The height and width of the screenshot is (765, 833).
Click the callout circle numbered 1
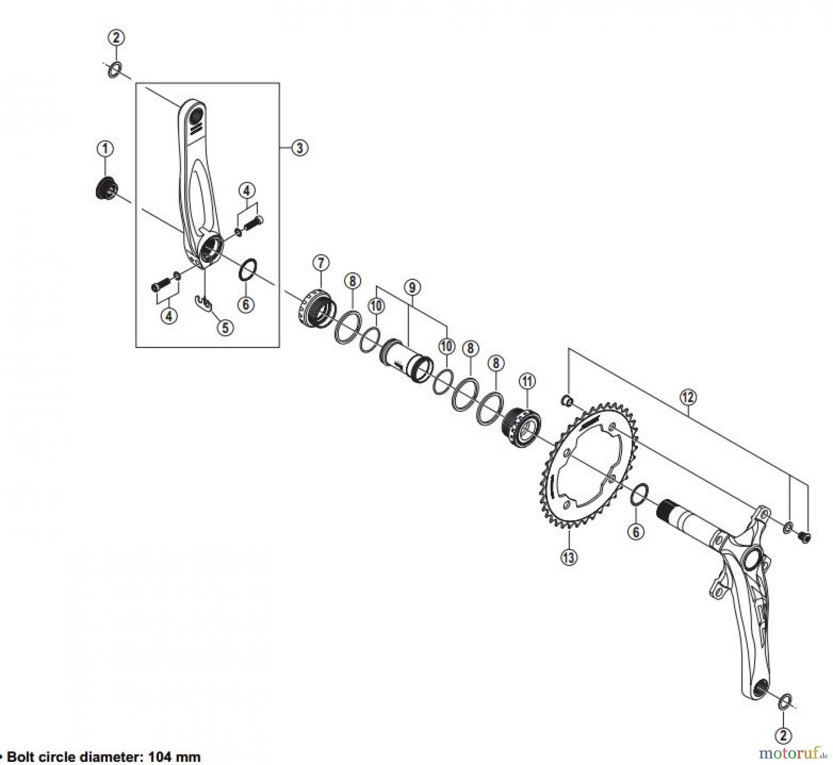coord(105,149)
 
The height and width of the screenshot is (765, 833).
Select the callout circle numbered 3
coord(299,148)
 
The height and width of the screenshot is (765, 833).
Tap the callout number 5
coord(225,328)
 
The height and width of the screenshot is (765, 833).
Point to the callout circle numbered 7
coord(321,263)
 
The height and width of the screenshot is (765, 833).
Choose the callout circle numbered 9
coord(412,287)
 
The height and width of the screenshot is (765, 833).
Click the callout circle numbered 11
coord(527,381)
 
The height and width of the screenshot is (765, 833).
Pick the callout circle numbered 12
coord(688,396)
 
